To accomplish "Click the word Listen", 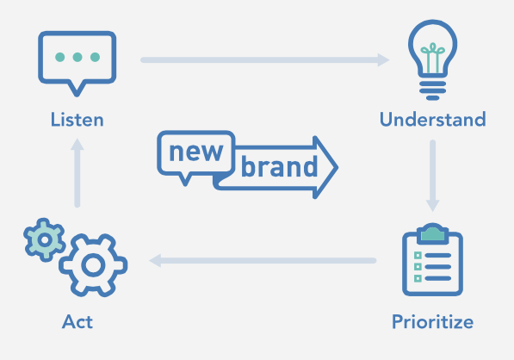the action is (77, 120).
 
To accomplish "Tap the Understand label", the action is (433, 119).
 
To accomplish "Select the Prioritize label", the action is (433, 321).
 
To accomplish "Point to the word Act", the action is (77, 321).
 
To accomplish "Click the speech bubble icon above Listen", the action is (77, 34).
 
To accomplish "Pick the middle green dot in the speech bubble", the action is (77, 57).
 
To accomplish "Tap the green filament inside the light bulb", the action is (433, 58).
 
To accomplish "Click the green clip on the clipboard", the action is (433, 233).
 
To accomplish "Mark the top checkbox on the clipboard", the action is (418, 256).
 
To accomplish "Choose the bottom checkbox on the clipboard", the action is (418, 278).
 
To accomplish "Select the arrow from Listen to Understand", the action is (265, 60).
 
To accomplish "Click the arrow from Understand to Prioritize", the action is (433, 176).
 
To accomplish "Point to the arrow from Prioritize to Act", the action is (263, 261).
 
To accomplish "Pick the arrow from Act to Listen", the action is (77, 173).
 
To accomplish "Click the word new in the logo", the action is (196, 152).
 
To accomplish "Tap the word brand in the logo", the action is (280, 166).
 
